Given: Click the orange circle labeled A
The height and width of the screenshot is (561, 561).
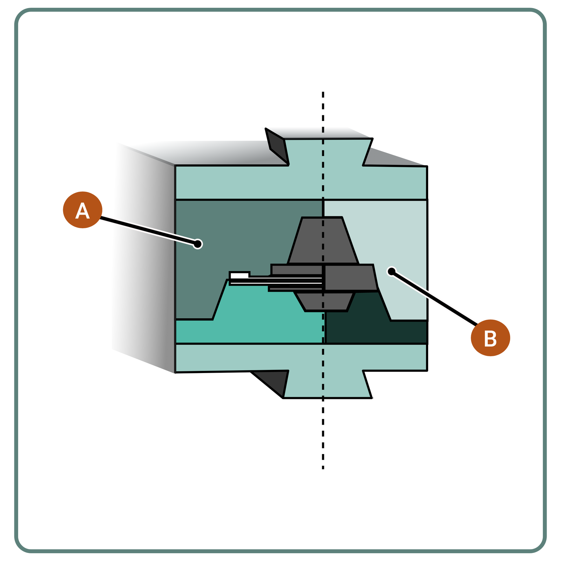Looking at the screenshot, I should [x=82, y=210].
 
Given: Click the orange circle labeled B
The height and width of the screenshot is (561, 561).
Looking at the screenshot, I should [x=490, y=338].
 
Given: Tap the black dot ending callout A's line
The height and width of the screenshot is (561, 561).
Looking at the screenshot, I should [x=198, y=244].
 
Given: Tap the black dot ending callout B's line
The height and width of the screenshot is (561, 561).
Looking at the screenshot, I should [x=391, y=271].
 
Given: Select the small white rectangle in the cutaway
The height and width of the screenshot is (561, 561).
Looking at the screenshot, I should [x=239, y=275].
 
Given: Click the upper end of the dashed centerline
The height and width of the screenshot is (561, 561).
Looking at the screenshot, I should [x=323, y=93].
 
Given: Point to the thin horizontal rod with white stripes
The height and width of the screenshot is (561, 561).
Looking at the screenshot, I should [x=277, y=280].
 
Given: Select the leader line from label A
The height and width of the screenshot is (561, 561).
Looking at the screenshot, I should [x=147, y=230].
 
